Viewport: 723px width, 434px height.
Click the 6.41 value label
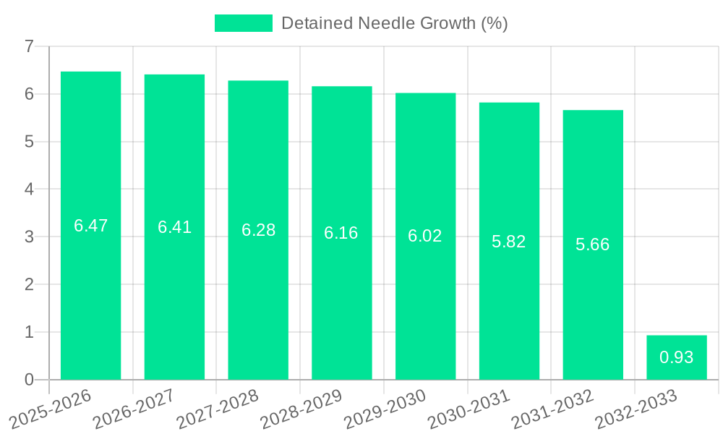click(174, 227)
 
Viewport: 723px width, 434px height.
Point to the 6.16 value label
click(341, 233)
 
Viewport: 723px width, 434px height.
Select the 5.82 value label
click(509, 242)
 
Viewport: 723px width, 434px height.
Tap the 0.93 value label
click(677, 357)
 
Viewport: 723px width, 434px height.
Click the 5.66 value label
click(593, 244)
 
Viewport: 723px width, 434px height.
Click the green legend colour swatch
click(244, 23)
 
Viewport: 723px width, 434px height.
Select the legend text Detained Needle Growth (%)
click(394, 23)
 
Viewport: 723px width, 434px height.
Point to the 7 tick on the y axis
click(29, 46)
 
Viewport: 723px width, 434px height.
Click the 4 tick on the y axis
click(29, 190)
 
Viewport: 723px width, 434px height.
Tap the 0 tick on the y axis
click(29, 380)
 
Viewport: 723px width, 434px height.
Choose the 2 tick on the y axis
click(29, 284)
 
